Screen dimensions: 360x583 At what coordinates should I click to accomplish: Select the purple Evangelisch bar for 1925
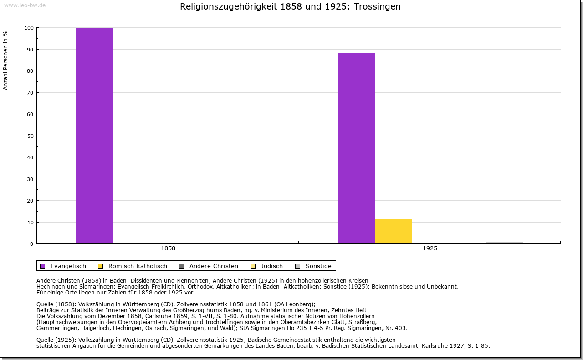pyautogui.click(x=357, y=148)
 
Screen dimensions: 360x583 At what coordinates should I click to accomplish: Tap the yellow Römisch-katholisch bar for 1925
pyautogui.click(x=394, y=231)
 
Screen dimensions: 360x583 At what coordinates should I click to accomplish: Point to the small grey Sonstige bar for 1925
pyautogui.click(x=504, y=243)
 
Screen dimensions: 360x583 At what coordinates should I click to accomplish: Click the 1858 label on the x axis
pyautogui.click(x=168, y=248)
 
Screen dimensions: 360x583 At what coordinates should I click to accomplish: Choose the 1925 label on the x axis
pyautogui.click(x=430, y=248)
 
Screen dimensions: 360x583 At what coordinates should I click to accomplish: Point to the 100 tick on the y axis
pyautogui.click(x=29, y=28)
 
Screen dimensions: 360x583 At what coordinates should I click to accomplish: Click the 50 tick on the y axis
pyautogui.click(x=30, y=136)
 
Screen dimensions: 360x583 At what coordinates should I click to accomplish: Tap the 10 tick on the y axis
pyautogui.click(x=30, y=223)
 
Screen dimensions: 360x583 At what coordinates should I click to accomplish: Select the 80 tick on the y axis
pyautogui.click(x=30, y=71)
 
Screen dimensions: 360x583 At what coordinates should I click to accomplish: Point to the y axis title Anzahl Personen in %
pyautogui.click(x=6, y=60)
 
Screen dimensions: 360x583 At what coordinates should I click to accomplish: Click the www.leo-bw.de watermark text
pyautogui.click(x=25, y=5)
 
